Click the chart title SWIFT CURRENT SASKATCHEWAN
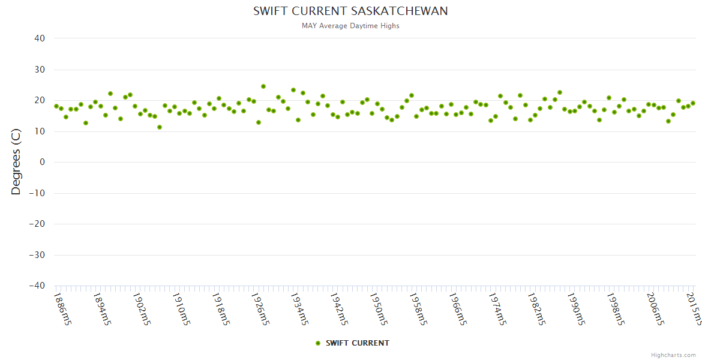[350, 11]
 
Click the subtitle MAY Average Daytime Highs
[350, 26]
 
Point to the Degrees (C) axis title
[16, 162]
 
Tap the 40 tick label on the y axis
[40, 38]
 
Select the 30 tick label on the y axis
[40, 70]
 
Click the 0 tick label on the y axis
[42, 162]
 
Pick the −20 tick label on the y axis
[37, 224]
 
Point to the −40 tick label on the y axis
[37, 286]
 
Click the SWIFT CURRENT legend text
[358, 343]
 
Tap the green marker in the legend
[318, 343]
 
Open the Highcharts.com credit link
[673, 355]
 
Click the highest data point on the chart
[263, 86]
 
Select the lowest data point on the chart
[160, 127]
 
